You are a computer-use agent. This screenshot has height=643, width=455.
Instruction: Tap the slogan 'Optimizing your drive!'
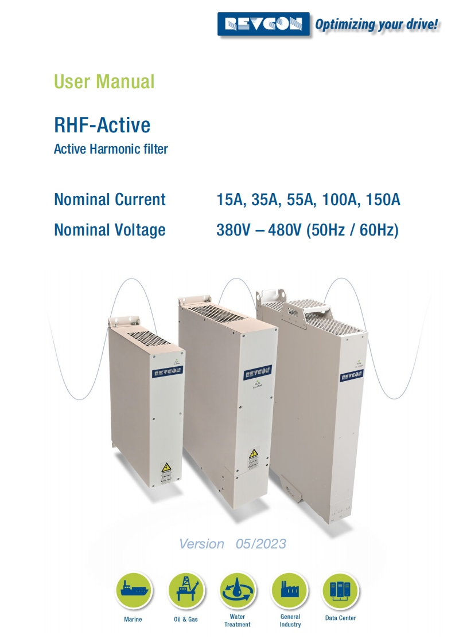point(377,25)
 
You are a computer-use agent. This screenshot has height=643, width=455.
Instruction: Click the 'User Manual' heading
point(104,81)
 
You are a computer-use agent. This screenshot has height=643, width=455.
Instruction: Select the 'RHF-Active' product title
point(102,124)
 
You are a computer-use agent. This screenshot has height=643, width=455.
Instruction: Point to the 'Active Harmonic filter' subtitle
point(111,150)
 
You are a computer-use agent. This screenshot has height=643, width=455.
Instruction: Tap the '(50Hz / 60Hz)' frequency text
point(352,230)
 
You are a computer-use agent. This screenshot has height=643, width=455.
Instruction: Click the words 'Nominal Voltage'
point(110,230)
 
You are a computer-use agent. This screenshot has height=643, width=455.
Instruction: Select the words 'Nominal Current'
point(110,199)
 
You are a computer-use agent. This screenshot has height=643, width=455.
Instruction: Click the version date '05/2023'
point(260,543)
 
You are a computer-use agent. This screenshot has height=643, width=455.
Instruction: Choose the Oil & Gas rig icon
point(186,591)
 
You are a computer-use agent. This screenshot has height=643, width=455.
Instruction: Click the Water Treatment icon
point(238,591)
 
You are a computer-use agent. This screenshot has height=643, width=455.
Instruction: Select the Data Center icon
point(340,591)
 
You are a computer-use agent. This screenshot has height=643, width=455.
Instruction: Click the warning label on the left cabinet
point(165,473)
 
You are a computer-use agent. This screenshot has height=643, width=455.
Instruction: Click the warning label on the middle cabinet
point(254,458)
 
